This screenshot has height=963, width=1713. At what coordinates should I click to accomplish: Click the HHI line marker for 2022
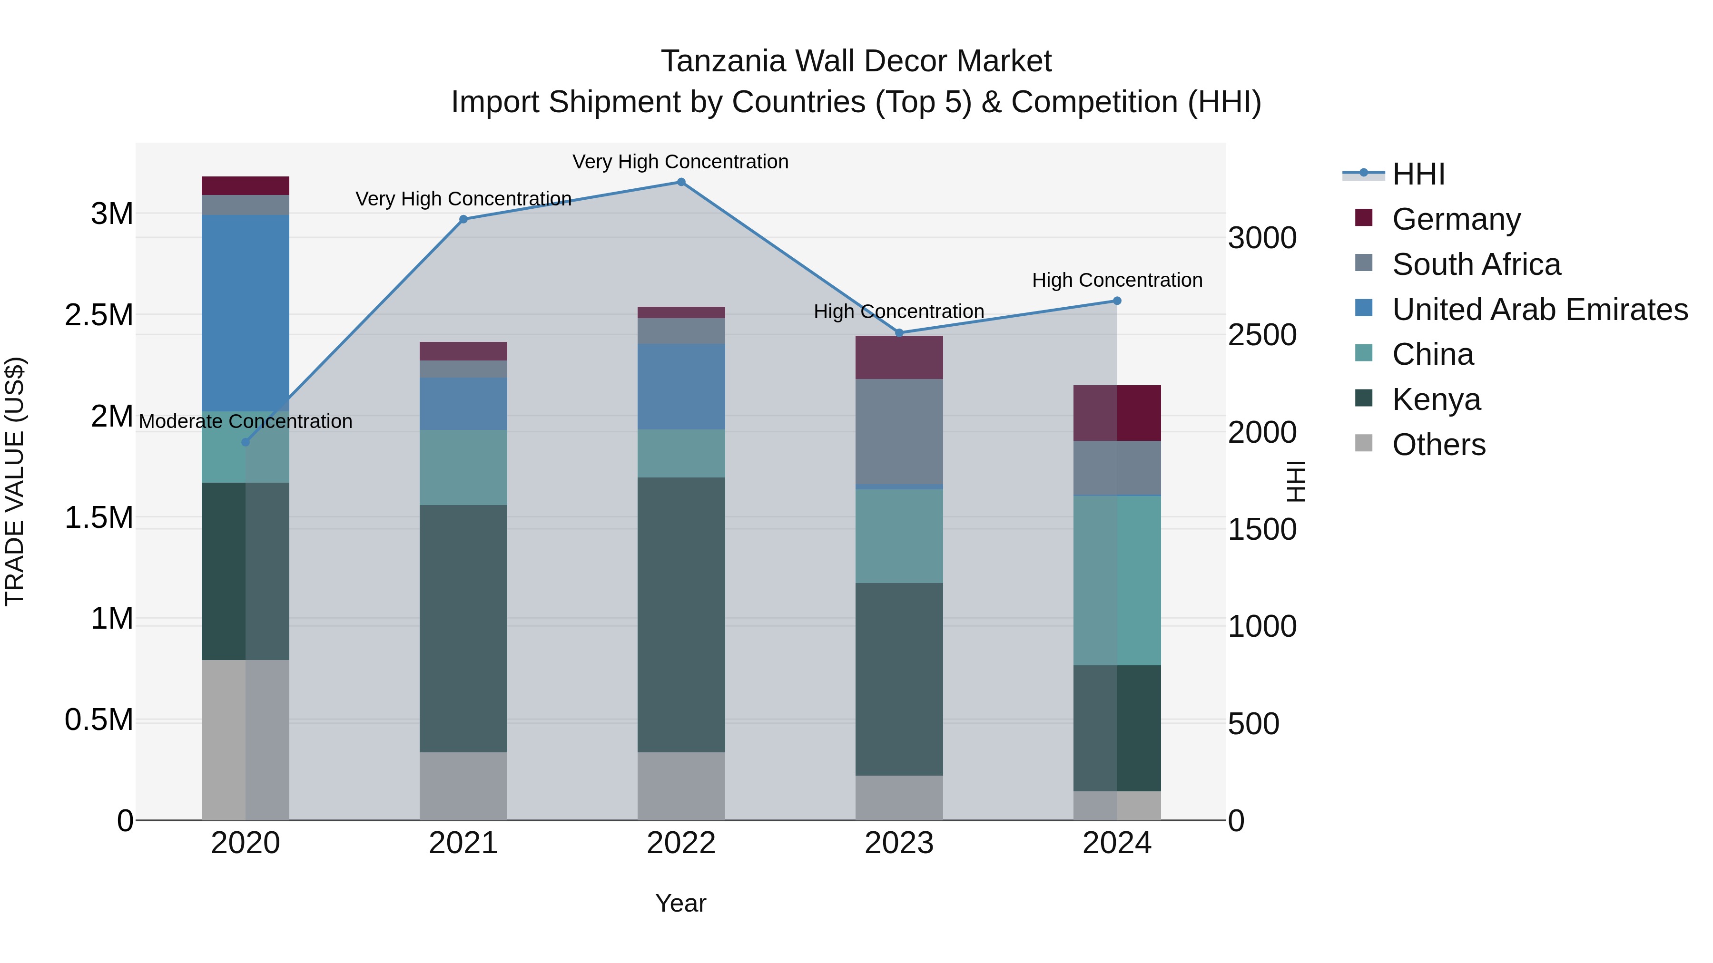681,182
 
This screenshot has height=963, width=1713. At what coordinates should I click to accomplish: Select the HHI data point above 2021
463,219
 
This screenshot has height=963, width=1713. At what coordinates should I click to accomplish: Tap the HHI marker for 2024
1117,301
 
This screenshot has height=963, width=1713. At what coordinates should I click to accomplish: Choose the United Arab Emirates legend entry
1539,310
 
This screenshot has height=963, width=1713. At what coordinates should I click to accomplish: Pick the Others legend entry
1438,445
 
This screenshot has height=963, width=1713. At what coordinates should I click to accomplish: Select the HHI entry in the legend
1418,174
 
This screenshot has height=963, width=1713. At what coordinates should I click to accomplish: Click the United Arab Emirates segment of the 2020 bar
246,312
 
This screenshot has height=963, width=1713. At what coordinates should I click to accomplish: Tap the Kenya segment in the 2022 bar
681,615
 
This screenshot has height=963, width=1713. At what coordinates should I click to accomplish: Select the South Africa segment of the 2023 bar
899,432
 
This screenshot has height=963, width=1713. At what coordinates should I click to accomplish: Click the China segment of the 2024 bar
1117,580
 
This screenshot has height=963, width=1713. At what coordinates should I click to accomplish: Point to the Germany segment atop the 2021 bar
463,351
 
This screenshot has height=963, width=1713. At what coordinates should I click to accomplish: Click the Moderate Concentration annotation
246,421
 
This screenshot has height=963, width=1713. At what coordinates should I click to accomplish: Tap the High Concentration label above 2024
1117,281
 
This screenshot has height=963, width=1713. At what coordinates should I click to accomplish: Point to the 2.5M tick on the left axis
99,315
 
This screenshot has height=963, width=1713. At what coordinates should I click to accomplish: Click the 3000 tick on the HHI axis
1261,238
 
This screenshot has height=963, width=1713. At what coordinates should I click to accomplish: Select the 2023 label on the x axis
899,843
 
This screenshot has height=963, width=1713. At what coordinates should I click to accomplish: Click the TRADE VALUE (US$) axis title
15,481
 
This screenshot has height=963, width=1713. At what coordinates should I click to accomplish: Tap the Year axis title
680,903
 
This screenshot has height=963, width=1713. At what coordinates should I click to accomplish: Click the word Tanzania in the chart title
722,61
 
